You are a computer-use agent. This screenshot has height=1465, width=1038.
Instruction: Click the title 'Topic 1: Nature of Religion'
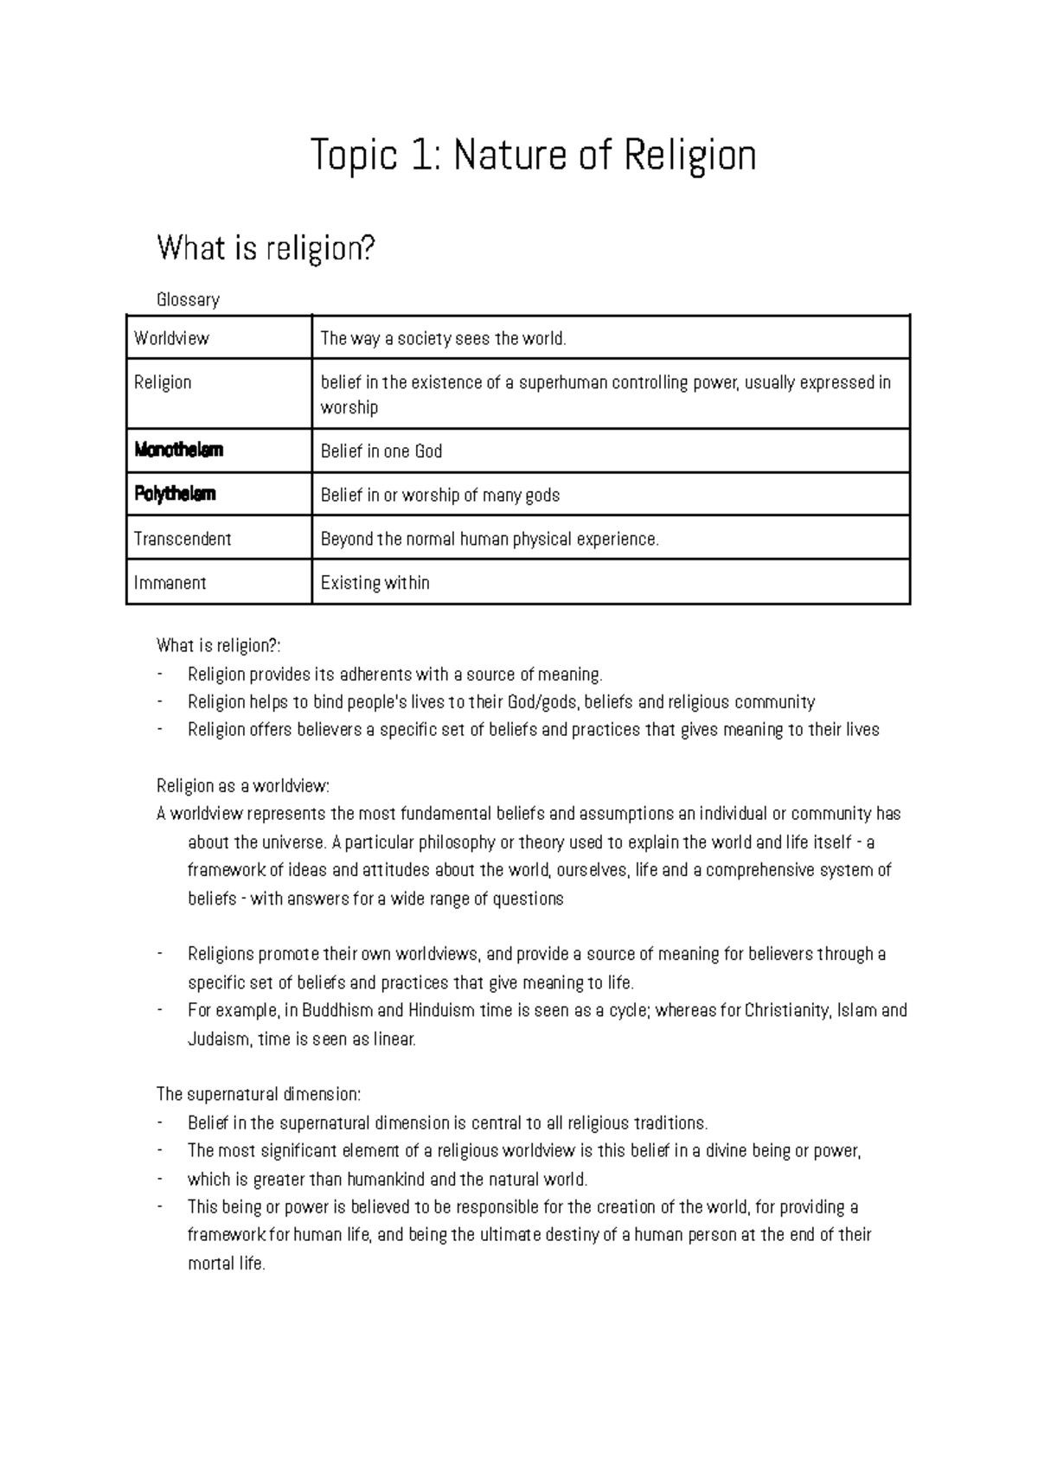click(x=534, y=157)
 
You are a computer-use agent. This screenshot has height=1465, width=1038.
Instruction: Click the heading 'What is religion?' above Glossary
click(x=266, y=249)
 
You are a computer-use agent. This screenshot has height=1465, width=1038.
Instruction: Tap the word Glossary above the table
click(x=188, y=300)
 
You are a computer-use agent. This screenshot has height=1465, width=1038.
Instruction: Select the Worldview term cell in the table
click(x=171, y=339)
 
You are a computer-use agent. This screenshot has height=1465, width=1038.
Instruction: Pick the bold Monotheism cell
click(x=179, y=451)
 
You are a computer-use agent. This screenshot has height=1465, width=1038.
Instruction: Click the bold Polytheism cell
click(x=175, y=495)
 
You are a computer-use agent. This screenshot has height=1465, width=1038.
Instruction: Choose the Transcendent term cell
click(x=183, y=540)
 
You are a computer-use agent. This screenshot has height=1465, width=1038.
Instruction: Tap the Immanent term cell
click(x=170, y=583)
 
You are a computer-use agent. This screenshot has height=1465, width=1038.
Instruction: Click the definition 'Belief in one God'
click(x=381, y=451)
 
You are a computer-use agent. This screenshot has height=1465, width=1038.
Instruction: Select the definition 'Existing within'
click(x=375, y=583)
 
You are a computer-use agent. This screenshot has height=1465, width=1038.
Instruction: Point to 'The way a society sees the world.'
click(x=443, y=339)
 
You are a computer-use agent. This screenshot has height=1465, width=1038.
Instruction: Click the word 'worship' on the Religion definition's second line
click(x=349, y=408)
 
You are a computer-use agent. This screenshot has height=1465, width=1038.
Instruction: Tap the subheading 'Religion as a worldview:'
click(x=243, y=786)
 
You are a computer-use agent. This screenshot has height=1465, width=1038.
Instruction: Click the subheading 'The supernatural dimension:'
click(x=259, y=1095)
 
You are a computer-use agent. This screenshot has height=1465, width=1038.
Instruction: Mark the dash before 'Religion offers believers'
click(x=160, y=730)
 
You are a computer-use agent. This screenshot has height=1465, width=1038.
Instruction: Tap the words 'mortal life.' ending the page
click(x=227, y=1263)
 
